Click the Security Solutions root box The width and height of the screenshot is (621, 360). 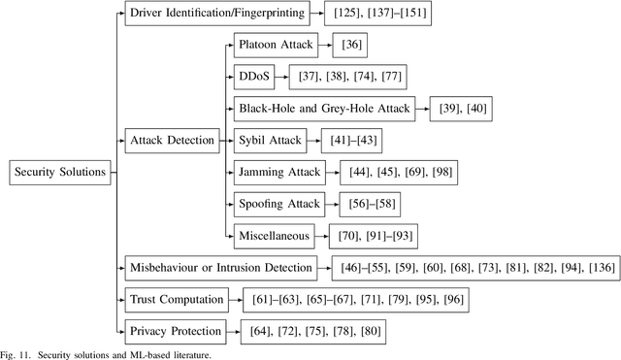[x=57, y=173]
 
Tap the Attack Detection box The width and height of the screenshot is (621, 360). [x=172, y=141]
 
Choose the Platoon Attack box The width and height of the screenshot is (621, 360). [x=273, y=45]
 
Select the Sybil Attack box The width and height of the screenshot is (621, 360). [x=269, y=141]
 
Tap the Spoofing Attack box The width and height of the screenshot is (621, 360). [x=278, y=205]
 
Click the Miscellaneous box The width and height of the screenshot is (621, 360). [x=274, y=236]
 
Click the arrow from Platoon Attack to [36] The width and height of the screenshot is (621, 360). [x=320, y=45]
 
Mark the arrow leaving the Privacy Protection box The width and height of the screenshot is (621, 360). [x=243, y=332]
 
